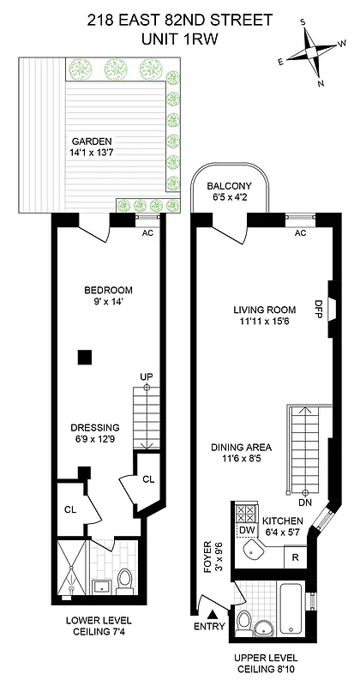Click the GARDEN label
[x=91, y=141]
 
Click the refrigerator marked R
[x=293, y=557]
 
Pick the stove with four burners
[x=246, y=513]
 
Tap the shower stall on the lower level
[x=69, y=569]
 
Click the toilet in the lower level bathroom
[x=123, y=580]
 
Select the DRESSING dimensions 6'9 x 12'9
[x=96, y=441]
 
